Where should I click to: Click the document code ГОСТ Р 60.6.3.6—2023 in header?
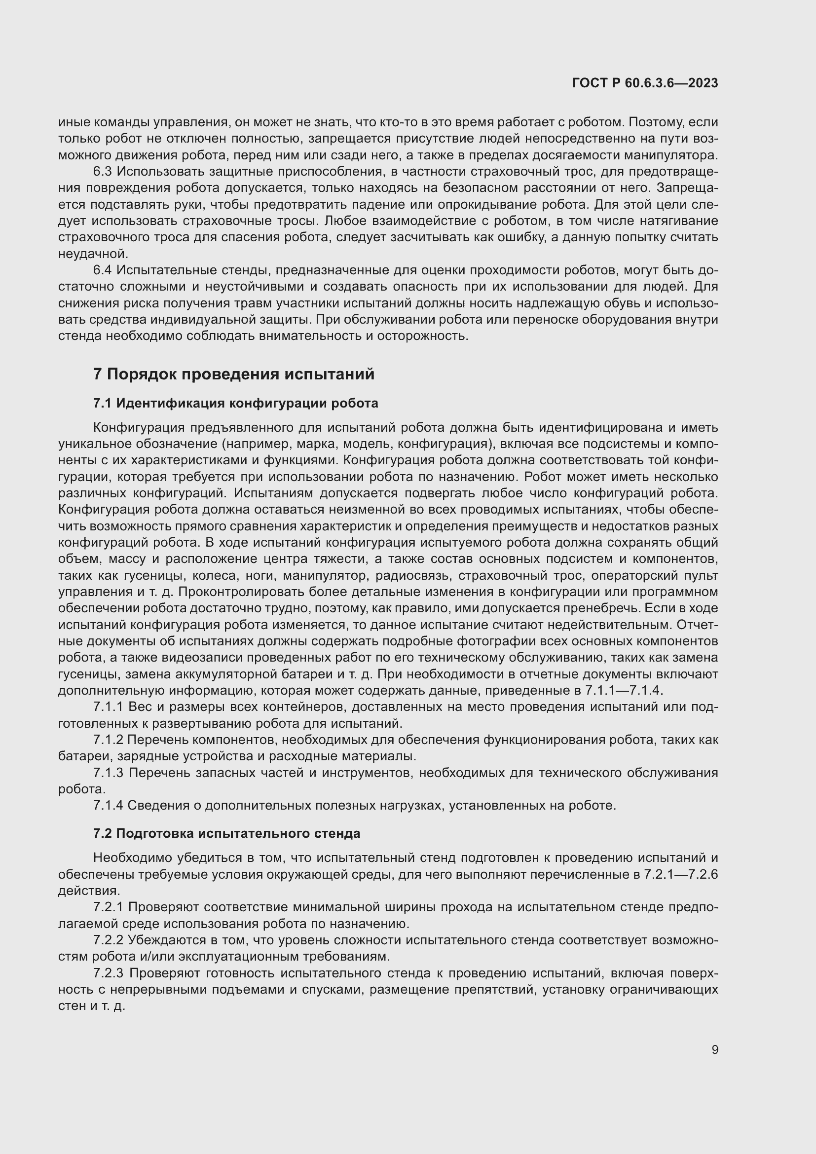(x=645, y=83)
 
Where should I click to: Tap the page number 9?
(x=714, y=1050)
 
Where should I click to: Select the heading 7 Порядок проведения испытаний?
(x=234, y=374)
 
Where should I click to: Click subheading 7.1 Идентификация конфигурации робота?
(x=235, y=403)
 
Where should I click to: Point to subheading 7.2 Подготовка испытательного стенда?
(x=226, y=833)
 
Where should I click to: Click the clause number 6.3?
(x=102, y=172)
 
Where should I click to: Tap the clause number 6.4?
(x=102, y=270)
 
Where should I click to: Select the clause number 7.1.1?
(x=108, y=707)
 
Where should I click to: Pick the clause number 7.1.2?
(x=108, y=740)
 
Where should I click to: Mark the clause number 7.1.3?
(x=108, y=773)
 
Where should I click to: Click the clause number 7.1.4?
(x=108, y=805)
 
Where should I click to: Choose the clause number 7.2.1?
(x=108, y=907)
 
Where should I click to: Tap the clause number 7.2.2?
(x=108, y=940)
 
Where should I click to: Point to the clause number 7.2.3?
(x=108, y=973)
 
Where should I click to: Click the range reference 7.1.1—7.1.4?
(x=624, y=691)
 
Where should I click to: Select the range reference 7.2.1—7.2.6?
(x=680, y=875)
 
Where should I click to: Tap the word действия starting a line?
(x=89, y=891)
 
